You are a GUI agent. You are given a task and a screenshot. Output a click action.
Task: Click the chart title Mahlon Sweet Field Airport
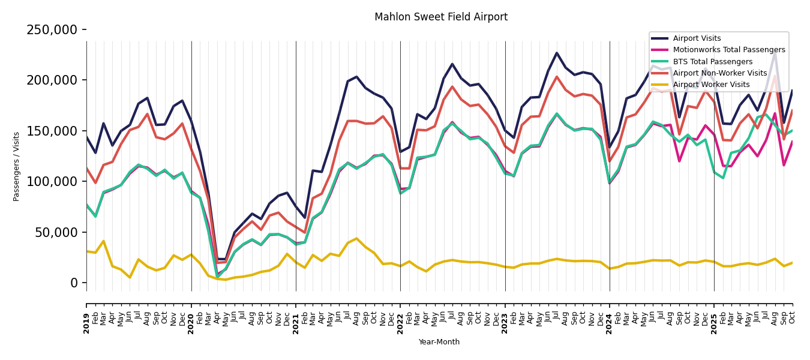point(441,17)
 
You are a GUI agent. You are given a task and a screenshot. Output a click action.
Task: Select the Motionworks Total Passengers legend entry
point(728,50)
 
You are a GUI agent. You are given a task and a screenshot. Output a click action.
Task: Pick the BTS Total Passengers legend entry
point(712,62)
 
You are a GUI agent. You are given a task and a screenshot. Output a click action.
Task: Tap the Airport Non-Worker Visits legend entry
point(719,73)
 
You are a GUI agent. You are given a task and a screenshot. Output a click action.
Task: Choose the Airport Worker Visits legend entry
point(711,85)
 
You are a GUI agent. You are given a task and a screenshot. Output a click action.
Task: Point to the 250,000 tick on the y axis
point(52,30)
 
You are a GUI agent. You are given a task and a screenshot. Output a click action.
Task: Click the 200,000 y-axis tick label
point(52,80)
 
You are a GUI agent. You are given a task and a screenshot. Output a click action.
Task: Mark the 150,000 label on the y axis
point(52,131)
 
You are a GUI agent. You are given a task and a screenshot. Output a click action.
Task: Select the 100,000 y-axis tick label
point(52,181)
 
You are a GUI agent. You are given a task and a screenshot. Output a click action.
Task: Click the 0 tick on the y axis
point(74,283)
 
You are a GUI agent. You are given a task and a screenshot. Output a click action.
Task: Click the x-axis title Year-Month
point(439,342)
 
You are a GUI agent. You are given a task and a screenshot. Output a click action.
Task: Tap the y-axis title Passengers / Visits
point(17,166)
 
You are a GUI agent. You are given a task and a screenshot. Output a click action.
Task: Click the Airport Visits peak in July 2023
point(557,53)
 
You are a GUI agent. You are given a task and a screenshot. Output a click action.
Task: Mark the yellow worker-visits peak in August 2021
point(356,239)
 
